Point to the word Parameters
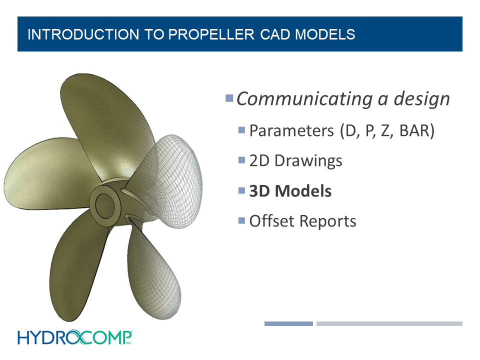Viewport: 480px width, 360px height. pyautogui.click(x=291, y=131)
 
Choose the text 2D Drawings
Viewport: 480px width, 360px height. pyautogui.click(x=295, y=161)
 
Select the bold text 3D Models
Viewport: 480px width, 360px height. pyautogui.click(x=290, y=191)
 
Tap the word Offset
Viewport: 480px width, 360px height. pyautogui.click(x=271, y=221)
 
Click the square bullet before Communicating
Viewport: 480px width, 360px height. pyautogui.click(x=229, y=97)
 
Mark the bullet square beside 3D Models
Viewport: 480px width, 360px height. pyautogui.click(x=242, y=190)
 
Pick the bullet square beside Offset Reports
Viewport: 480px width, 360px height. pyautogui.click(x=242, y=220)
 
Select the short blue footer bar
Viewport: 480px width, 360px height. pyautogui.click(x=288, y=323)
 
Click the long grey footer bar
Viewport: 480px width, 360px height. pyautogui.click(x=389, y=323)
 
